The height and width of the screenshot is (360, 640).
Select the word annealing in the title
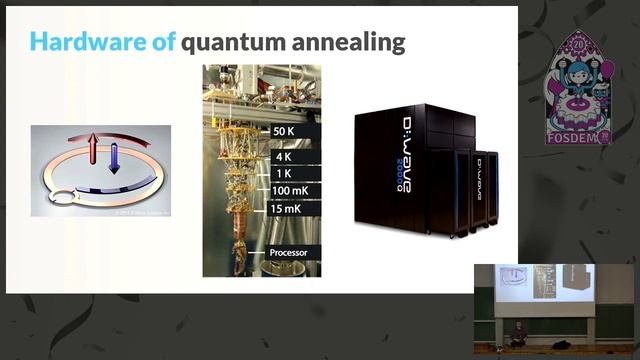click(x=356, y=42)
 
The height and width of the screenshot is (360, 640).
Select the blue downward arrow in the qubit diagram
click(x=114, y=158)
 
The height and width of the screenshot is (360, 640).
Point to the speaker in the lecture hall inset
click(x=518, y=335)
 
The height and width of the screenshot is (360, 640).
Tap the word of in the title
click(x=164, y=42)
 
